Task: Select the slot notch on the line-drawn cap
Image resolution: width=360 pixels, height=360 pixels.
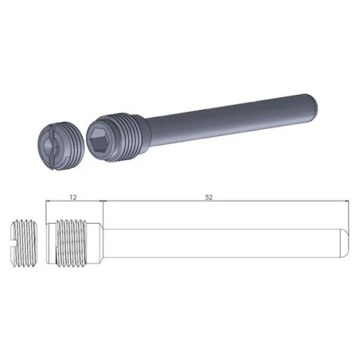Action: point(17,237)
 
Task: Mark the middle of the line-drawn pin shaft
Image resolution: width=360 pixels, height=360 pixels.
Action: point(223,237)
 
